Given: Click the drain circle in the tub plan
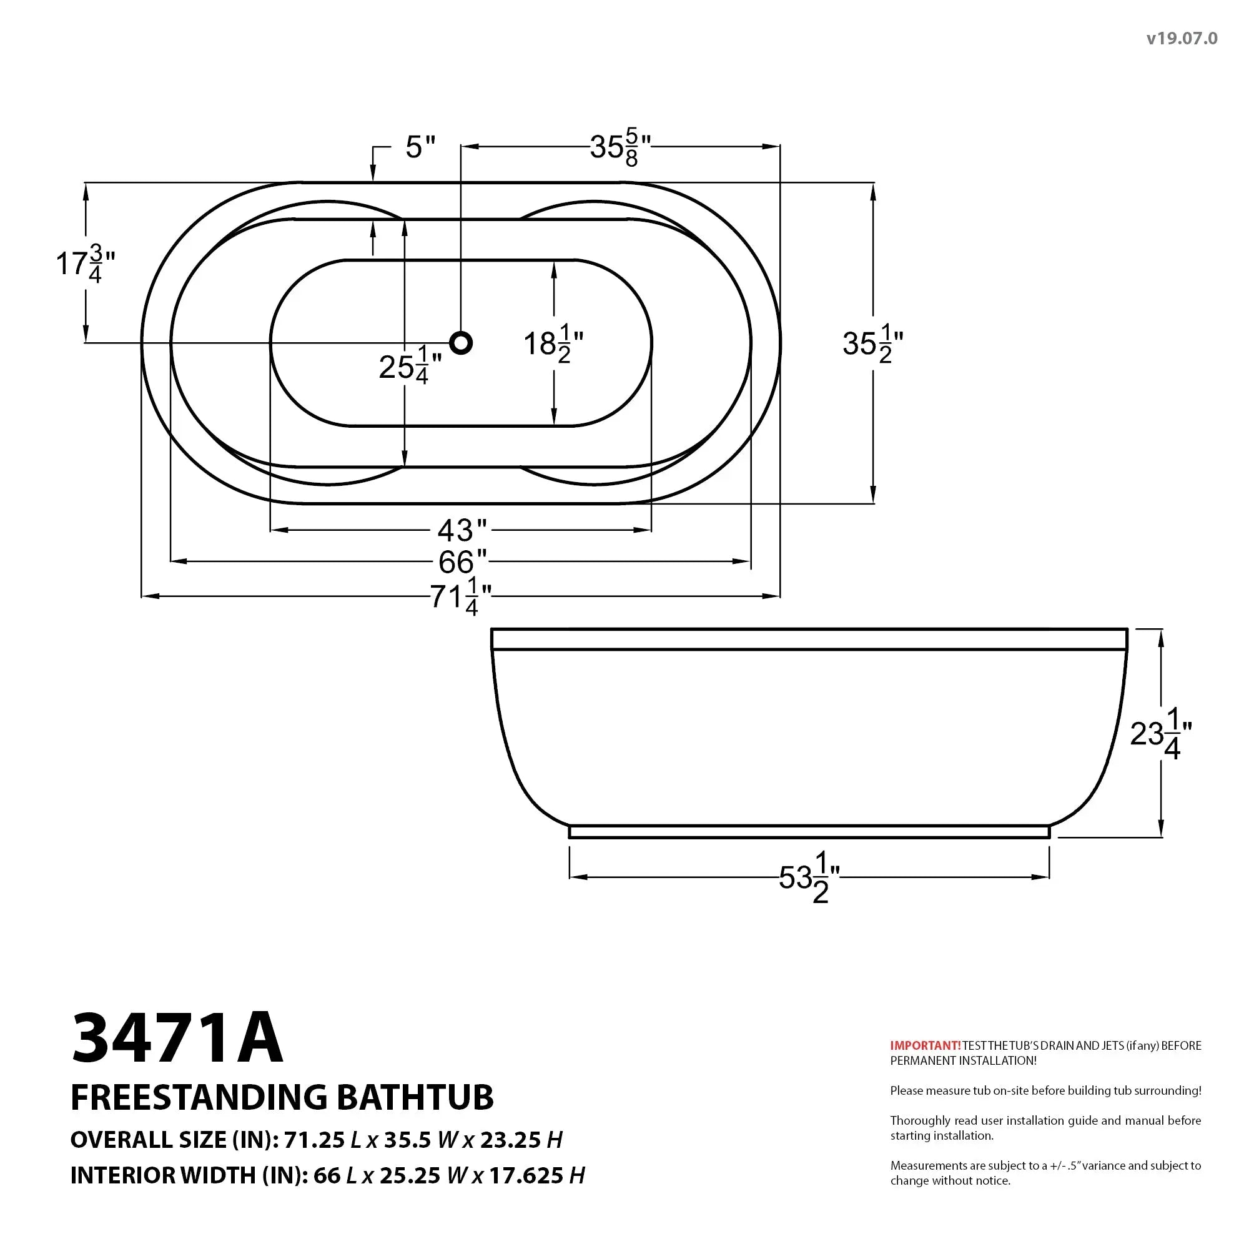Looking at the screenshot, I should tap(461, 343).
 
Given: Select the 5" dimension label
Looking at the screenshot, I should tap(420, 147).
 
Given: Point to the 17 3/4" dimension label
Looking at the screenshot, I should tap(85, 264).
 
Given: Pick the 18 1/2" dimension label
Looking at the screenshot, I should tap(553, 345).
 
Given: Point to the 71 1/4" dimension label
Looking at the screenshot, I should tap(461, 596).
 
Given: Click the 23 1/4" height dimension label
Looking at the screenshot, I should tap(1160, 735).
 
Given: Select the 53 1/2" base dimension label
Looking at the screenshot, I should tap(808, 879).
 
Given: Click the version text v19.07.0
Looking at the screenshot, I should tap(1182, 39).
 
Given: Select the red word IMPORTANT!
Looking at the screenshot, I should tap(925, 1045).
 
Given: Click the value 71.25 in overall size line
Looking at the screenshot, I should tap(314, 1139).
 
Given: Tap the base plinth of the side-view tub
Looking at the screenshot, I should tap(809, 831).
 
